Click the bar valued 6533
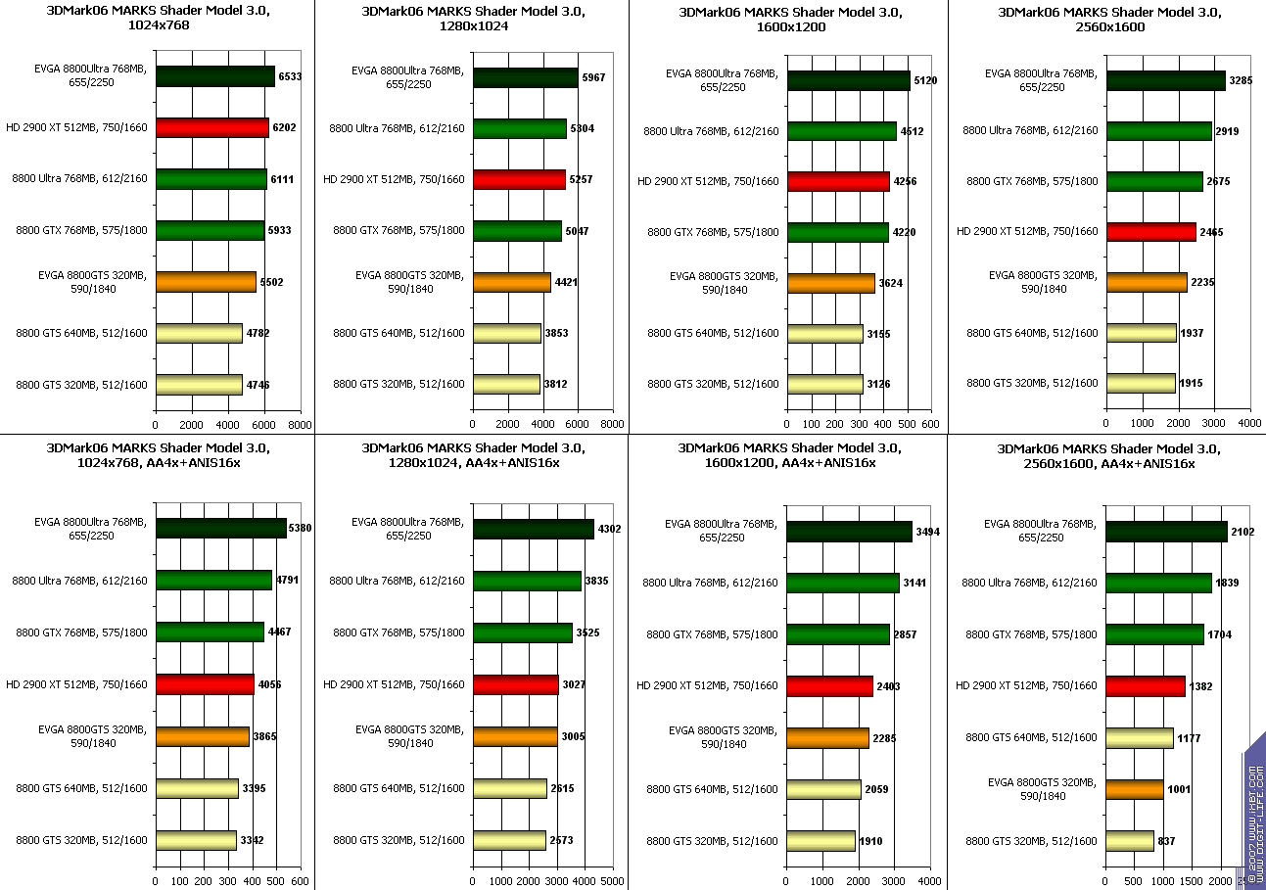click(214, 76)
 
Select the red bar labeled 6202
click(211, 127)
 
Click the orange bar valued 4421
click(511, 282)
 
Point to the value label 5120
click(925, 80)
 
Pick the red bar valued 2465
click(1151, 232)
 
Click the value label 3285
click(1243, 80)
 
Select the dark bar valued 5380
click(220, 529)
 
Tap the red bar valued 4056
click(205, 684)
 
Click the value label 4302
click(609, 530)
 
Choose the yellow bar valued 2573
click(509, 840)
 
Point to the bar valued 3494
click(849, 531)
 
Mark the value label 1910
click(872, 841)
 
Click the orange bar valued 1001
click(1135, 789)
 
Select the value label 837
click(1165, 841)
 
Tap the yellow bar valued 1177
click(1140, 737)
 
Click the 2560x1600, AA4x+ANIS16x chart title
click(1096, 456)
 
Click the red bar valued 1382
click(1146, 685)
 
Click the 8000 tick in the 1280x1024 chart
click(612, 424)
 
